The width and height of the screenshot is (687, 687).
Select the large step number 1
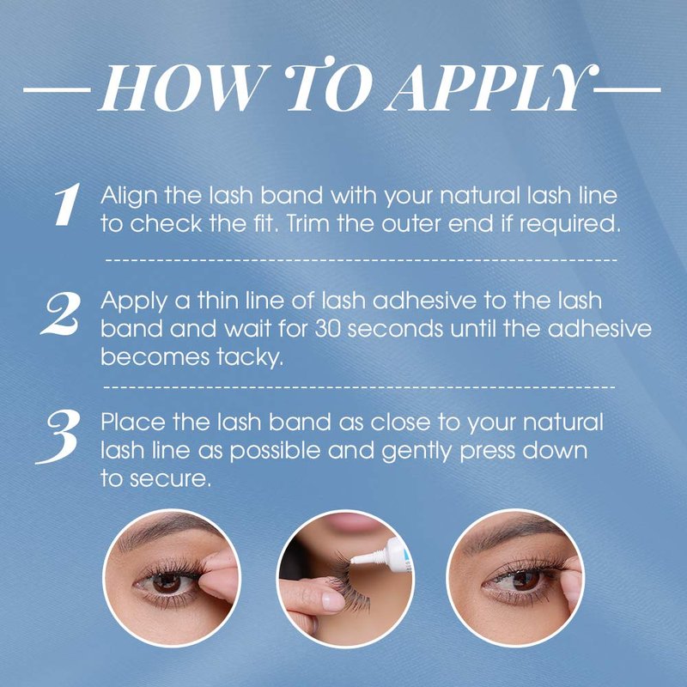click(x=68, y=204)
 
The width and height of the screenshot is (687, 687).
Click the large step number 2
click(x=61, y=313)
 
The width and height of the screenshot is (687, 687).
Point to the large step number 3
click(x=58, y=436)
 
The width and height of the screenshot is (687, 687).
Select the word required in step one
click(x=569, y=225)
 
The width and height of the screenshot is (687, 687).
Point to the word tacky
click(x=250, y=358)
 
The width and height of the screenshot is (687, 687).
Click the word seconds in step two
click(x=395, y=329)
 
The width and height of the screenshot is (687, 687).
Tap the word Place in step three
click(x=133, y=422)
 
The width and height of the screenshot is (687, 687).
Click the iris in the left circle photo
click(x=167, y=583)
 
